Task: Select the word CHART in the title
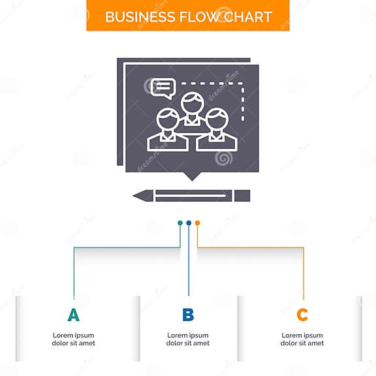[248, 17]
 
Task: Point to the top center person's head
[193, 103]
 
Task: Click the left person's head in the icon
[168, 119]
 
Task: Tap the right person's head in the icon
[217, 119]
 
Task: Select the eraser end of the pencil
[242, 196]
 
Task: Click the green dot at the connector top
[180, 223]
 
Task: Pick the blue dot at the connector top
[189, 223]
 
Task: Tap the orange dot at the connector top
[197, 223]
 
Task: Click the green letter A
[74, 315]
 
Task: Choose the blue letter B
[188, 315]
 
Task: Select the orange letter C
[302, 315]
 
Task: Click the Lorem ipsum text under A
[73, 339]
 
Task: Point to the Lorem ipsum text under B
[188, 339]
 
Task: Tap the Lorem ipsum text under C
[302, 339]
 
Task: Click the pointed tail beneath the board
[192, 176]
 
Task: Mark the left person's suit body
[168, 143]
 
